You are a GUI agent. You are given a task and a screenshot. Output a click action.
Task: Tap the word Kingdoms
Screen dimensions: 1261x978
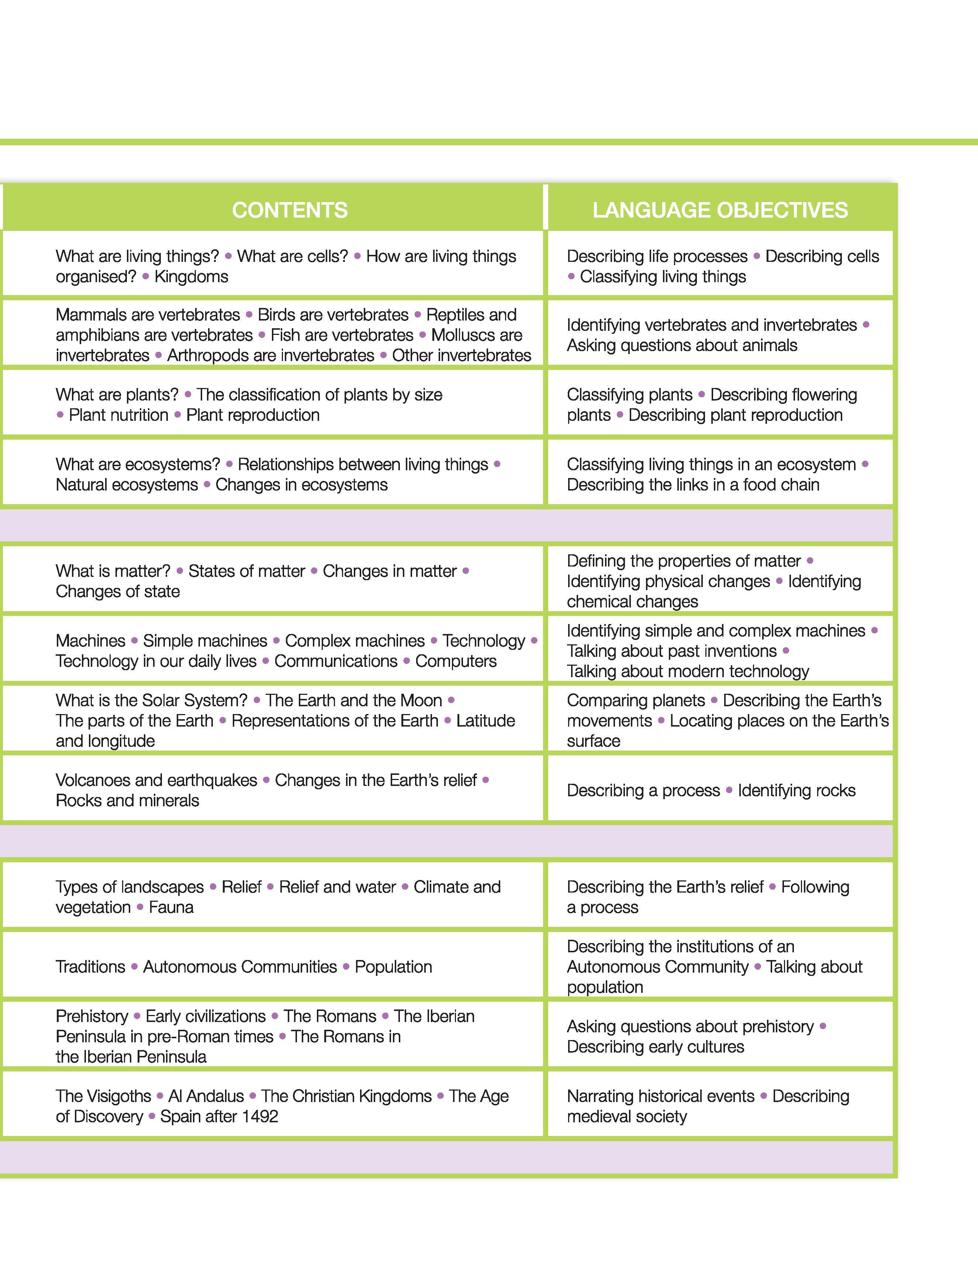(x=191, y=277)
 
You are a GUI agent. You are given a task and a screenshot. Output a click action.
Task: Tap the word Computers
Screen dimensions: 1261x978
(x=456, y=661)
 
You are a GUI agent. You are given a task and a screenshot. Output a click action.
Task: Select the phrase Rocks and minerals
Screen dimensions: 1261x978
(x=127, y=800)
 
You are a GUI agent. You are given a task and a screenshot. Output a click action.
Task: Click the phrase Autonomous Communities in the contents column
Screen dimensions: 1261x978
(x=240, y=967)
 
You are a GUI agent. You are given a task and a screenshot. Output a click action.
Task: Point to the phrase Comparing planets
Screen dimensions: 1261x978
(x=635, y=700)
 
